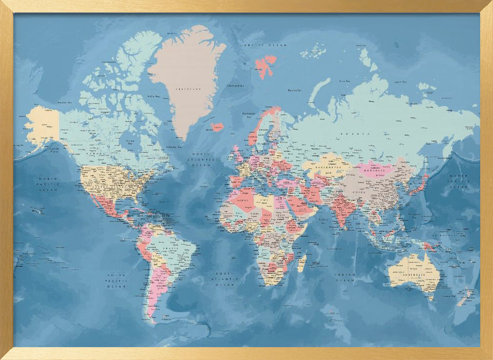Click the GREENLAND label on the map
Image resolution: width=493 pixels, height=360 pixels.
click(188, 89)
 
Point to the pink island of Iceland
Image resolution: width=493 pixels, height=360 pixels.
click(217, 127)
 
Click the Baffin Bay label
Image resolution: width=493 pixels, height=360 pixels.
click(154, 96)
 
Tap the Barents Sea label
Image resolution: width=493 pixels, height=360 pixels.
click(294, 90)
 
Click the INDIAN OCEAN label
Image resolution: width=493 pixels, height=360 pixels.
click(345, 277)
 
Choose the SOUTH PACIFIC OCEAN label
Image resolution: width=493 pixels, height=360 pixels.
click(117, 280)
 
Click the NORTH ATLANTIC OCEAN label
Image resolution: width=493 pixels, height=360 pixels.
click(203, 160)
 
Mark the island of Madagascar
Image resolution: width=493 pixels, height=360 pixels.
click(301, 263)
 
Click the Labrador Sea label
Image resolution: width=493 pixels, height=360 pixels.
click(173, 146)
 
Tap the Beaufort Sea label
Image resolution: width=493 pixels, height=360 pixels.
click(65, 102)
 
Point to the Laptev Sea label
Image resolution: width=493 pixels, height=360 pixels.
click(399, 82)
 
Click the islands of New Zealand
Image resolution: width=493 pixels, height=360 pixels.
click(464, 298)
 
